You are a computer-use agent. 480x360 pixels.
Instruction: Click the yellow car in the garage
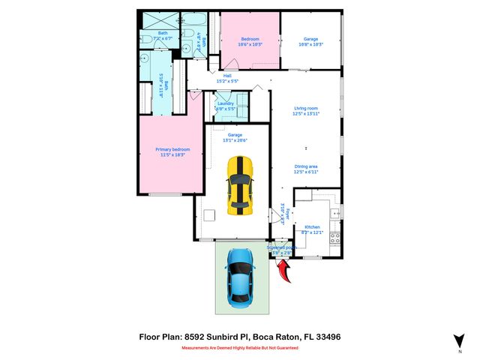pos(240,184)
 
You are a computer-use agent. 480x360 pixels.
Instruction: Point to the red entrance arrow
pos(285,274)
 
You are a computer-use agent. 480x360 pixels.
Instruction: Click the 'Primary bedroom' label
pos(172,150)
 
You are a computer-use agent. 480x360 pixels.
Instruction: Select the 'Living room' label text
pos(307,109)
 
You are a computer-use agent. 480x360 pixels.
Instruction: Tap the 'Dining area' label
pos(307,166)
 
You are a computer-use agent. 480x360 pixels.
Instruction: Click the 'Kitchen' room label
pos(312,226)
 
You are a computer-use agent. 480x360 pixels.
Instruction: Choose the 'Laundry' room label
pos(226,103)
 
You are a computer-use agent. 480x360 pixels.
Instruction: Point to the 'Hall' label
pos(227,75)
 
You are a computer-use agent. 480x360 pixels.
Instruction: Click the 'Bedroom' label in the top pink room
pos(250,39)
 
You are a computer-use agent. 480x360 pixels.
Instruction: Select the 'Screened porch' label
pos(282,247)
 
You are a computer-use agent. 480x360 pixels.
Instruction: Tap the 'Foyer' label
pos(290,214)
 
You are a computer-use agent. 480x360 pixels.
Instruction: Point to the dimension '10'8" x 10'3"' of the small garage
pos(310,44)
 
